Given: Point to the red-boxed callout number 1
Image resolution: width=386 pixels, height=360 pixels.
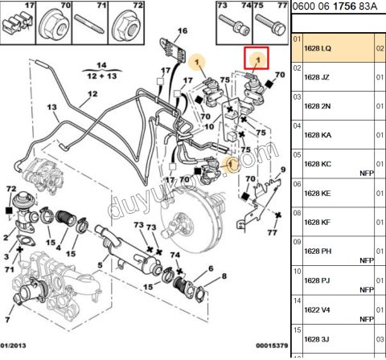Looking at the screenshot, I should (x=257, y=58).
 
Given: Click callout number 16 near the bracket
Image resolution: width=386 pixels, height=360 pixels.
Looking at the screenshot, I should (x=182, y=31).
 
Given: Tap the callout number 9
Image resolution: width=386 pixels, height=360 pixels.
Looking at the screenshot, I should (x=282, y=170).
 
